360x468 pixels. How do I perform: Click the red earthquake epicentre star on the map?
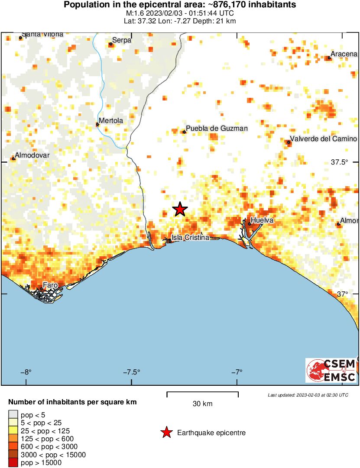(x=180, y=210)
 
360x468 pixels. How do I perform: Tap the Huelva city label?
(x=262, y=220)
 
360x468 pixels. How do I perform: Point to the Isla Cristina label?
(x=191, y=238)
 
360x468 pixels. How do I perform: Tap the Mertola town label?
(x=111, y=120)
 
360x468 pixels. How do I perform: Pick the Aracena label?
(x=344, y=54)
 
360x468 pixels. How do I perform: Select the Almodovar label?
(x=32, y=155)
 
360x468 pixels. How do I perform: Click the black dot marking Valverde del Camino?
(x=289, y=142)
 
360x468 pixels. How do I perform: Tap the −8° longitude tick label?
(x=26, y=372)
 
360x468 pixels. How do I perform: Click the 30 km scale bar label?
(x=202, y=404)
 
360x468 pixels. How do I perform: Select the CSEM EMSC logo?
(x=331, y=370)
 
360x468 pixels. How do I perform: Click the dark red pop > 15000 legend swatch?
(x=13, y=463)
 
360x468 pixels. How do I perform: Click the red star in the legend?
(x=166, y=432)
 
